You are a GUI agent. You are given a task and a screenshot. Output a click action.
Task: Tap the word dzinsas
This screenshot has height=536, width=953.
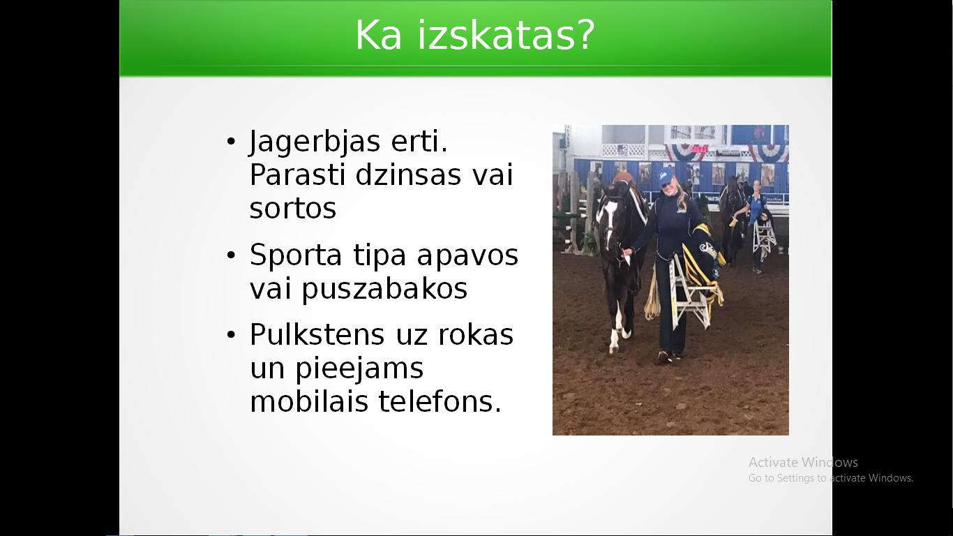click(408, 174)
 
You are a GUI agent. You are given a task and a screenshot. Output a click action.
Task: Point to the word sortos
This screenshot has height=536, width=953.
click(293, 209)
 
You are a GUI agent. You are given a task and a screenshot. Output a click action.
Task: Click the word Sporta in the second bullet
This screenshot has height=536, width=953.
click(296, 256)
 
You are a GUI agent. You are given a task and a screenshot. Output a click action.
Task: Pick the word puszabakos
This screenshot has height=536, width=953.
click(384, 289)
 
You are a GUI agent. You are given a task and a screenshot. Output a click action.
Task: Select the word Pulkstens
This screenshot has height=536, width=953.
click(317, 334)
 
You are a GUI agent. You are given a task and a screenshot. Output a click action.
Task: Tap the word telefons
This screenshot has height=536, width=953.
click(440, 401)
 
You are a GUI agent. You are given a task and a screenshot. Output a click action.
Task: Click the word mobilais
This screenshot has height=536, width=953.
click(309, 401)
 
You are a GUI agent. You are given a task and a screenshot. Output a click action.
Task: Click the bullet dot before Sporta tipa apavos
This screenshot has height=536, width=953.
click(231, 255)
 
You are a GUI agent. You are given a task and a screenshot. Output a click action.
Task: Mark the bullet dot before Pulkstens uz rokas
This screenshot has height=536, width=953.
click(231, 334)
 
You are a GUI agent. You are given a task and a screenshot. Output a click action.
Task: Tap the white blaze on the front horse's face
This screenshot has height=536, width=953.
click(610, 213)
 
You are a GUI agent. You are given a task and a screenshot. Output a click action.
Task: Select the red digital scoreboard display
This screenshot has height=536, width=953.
click(698, 149)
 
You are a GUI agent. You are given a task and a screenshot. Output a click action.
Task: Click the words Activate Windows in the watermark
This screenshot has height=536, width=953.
click(803, 462)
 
